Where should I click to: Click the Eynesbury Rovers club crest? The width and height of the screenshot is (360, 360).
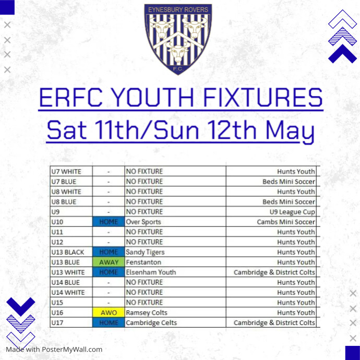(x=178, y=39)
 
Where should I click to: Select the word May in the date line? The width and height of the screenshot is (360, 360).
(x=290, y=130)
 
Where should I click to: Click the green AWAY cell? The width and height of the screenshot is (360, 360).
(x=109, y=262)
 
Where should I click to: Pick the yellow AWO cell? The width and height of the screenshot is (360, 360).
(x=109, y=313)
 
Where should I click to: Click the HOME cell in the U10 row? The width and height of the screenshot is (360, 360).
(x=109, y=222)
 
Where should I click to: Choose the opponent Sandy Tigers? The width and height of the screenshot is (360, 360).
(x=145, y=252)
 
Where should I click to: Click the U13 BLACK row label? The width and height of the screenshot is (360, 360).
(x=68, y=253)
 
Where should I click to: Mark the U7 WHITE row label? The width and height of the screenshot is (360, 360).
(x=66, y=172)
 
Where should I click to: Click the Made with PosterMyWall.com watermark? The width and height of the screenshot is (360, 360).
(x=54, y=350)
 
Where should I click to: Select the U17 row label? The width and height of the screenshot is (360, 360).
(x=57, y=323)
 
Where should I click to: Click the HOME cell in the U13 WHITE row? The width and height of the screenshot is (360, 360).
(x=109, y=272)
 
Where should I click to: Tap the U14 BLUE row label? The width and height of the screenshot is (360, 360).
(x=65, y=282)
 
